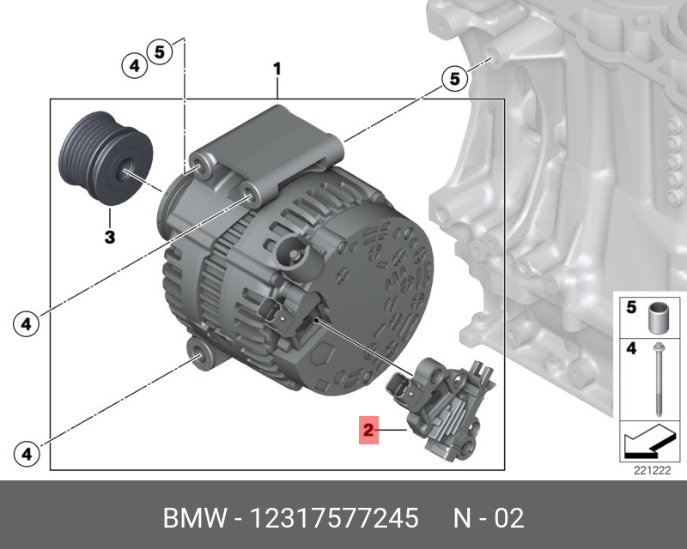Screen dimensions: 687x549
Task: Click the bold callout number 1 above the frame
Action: pos(277,69)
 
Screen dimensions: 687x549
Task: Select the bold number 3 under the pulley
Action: pos(110,238)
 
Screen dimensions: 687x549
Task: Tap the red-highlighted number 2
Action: pos(368,430)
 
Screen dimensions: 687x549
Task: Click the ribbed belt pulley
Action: pos(106,158)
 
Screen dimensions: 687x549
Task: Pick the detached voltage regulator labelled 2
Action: pos(440,409)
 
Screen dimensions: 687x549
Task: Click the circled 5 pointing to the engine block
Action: pos(455,79)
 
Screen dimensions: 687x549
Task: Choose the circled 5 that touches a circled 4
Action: pos(159,51)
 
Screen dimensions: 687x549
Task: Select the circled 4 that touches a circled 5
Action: pos(134,66)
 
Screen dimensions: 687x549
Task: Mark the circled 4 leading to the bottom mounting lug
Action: pos(27,454)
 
